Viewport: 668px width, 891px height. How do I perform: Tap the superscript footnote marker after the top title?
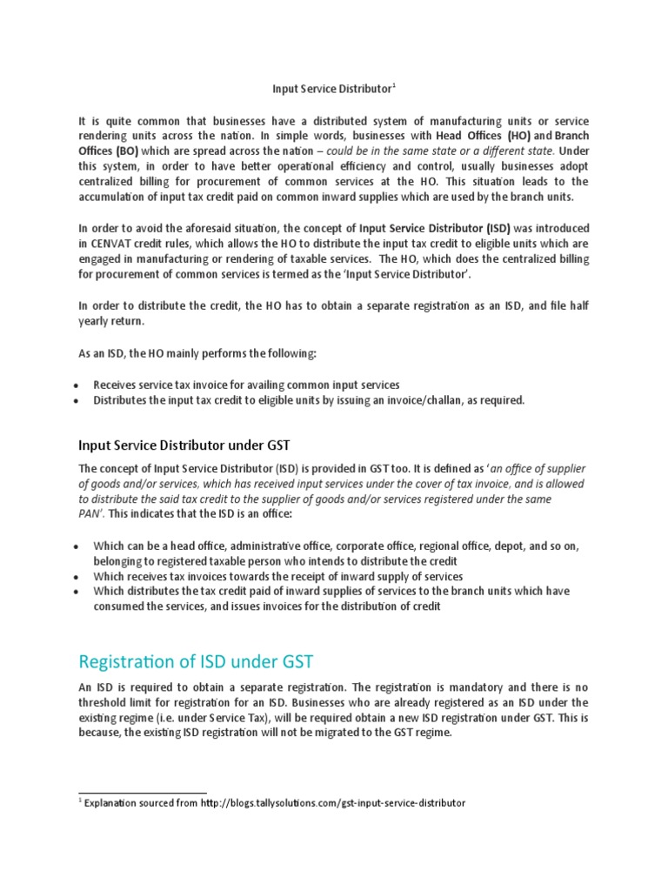coord(394,85)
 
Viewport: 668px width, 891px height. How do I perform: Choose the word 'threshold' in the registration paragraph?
coord(104,702)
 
